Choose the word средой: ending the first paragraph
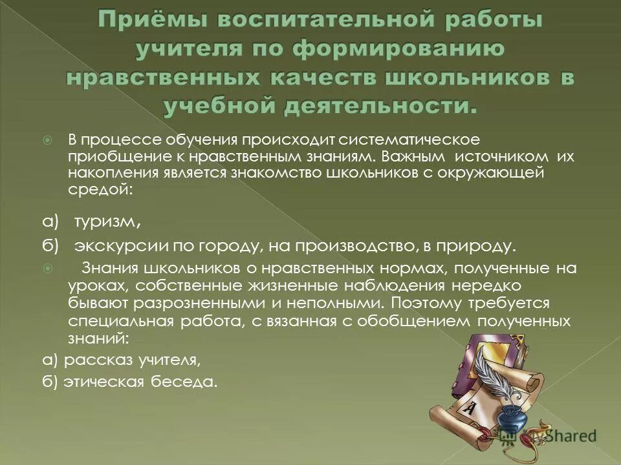click(100, 190)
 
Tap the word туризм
click(107, 222)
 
